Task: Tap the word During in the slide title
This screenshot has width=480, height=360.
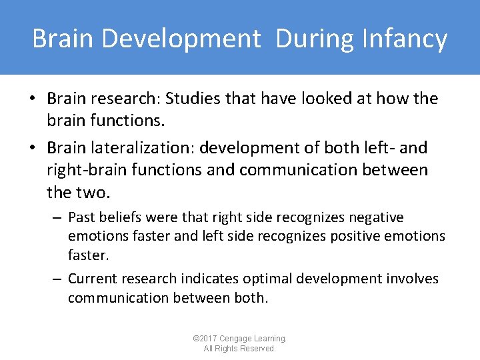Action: pos(317,38)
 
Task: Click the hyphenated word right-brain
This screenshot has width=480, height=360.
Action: pos(89,170)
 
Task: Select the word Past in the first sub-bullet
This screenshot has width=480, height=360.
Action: pos(81,217)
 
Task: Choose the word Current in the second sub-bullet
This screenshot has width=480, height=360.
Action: pos(94,279)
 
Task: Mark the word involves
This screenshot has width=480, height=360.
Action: pos(413,279)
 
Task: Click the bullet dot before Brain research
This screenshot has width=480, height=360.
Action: pos(32,99)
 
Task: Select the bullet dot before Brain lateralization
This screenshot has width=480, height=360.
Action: pos(32,148)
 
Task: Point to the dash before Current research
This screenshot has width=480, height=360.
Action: pos(57,279)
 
